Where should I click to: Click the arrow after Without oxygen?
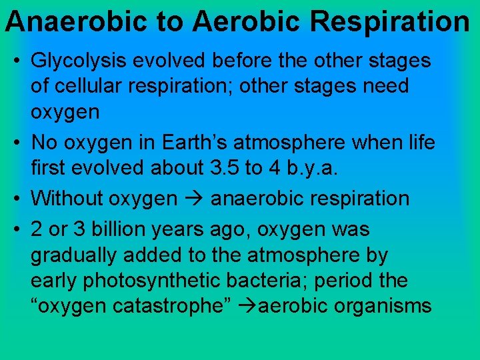point(194,199)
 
